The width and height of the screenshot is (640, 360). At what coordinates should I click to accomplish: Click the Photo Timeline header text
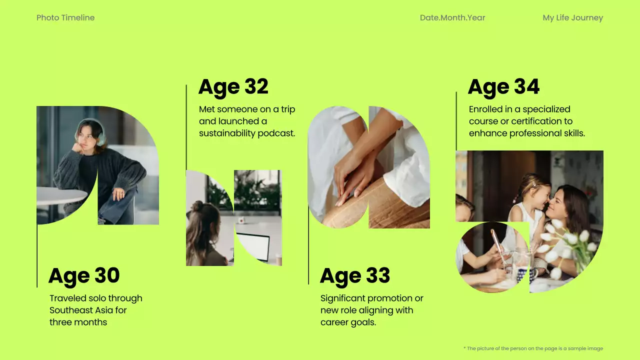[65, 18]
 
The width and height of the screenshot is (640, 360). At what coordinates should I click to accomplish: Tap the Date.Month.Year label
[452, 18]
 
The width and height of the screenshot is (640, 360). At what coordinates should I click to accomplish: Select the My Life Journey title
[572, 18]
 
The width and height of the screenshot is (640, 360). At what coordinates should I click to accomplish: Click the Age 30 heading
[84, 276]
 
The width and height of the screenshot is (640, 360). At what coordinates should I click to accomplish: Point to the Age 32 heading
[233, 87]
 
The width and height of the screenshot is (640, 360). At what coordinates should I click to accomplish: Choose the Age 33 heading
[355, 276]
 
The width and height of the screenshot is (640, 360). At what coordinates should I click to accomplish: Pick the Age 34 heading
[503, 87]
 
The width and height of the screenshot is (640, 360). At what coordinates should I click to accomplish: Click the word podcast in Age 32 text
[277, 133]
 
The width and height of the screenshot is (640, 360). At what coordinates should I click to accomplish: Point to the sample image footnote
[533, 348]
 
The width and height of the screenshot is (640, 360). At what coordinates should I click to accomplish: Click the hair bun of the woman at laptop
[197, 206]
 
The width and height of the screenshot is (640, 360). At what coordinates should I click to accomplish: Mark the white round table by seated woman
[60, 196]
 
